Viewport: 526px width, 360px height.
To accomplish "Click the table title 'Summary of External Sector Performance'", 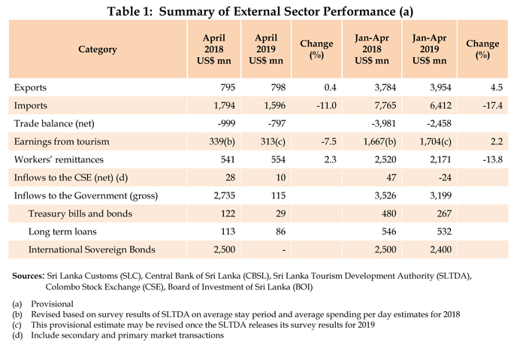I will coord(262,11).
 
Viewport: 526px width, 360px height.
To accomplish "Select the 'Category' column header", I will coord(97,50).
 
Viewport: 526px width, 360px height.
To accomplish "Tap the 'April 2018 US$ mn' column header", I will coord(211,50).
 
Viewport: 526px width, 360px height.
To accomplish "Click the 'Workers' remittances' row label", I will coord(59,159).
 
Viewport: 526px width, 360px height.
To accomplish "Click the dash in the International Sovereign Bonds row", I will coord(268,249).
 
